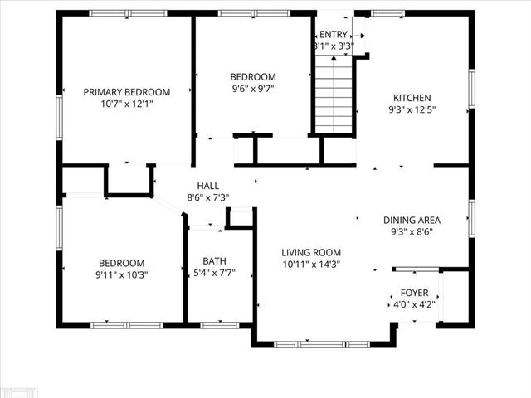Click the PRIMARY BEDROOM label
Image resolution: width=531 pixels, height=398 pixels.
click(127, 92)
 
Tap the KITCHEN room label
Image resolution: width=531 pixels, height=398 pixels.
click(412, 98)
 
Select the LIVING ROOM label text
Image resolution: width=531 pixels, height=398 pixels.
click(311, 252)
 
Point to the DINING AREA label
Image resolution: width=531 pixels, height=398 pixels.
click(412, 221)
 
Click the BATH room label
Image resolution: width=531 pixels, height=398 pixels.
click(214, 261)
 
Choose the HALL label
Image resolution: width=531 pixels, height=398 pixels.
click(208, 186)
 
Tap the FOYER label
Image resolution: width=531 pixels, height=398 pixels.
click(414, 293)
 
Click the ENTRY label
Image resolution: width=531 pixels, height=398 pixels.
click(334, 35)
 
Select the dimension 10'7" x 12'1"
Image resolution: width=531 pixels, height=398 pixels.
click(127, 104)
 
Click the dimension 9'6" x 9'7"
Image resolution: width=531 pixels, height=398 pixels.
click(252, 89)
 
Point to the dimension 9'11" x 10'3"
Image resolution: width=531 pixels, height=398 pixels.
click(122, 274)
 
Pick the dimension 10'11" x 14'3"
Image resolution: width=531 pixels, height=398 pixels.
click(311, 265)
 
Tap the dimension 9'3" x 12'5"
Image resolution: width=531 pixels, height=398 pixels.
click(412, 110)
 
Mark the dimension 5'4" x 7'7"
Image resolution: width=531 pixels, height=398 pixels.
click(214, 273)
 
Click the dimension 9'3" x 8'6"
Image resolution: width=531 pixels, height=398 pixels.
click(412, 232)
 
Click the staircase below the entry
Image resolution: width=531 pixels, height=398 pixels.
click(334, 95)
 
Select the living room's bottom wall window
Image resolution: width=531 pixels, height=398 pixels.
click(322, 345)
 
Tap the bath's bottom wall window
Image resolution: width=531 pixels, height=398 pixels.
click(220, 326)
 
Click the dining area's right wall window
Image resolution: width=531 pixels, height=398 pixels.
click(471, 219)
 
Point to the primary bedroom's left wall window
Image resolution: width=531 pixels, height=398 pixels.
click(59, 118)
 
